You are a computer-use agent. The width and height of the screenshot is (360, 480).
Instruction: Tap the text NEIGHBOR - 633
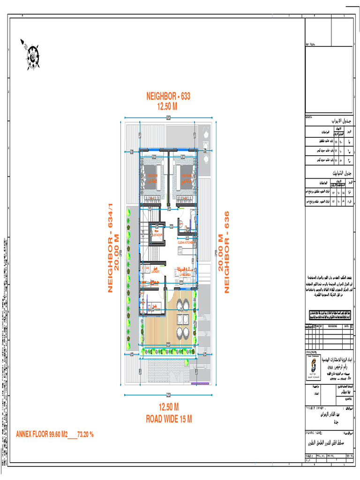168,96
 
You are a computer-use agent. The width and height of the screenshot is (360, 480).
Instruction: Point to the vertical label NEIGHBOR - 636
226,252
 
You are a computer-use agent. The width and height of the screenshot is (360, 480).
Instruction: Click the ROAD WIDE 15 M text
168,419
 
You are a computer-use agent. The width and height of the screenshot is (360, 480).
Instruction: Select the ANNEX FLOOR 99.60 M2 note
55,434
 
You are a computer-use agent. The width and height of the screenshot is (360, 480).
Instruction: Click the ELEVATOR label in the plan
156,234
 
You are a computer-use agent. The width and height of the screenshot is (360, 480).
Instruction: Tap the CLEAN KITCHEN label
186,243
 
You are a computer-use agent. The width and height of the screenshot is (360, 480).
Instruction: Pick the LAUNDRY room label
156,271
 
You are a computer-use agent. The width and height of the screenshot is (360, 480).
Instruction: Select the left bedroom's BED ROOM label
153,177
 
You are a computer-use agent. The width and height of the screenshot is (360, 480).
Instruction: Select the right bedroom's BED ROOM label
184,177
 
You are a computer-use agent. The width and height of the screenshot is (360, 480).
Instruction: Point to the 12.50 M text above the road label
168,406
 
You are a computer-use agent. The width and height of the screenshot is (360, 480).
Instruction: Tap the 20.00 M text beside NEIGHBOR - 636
219,252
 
